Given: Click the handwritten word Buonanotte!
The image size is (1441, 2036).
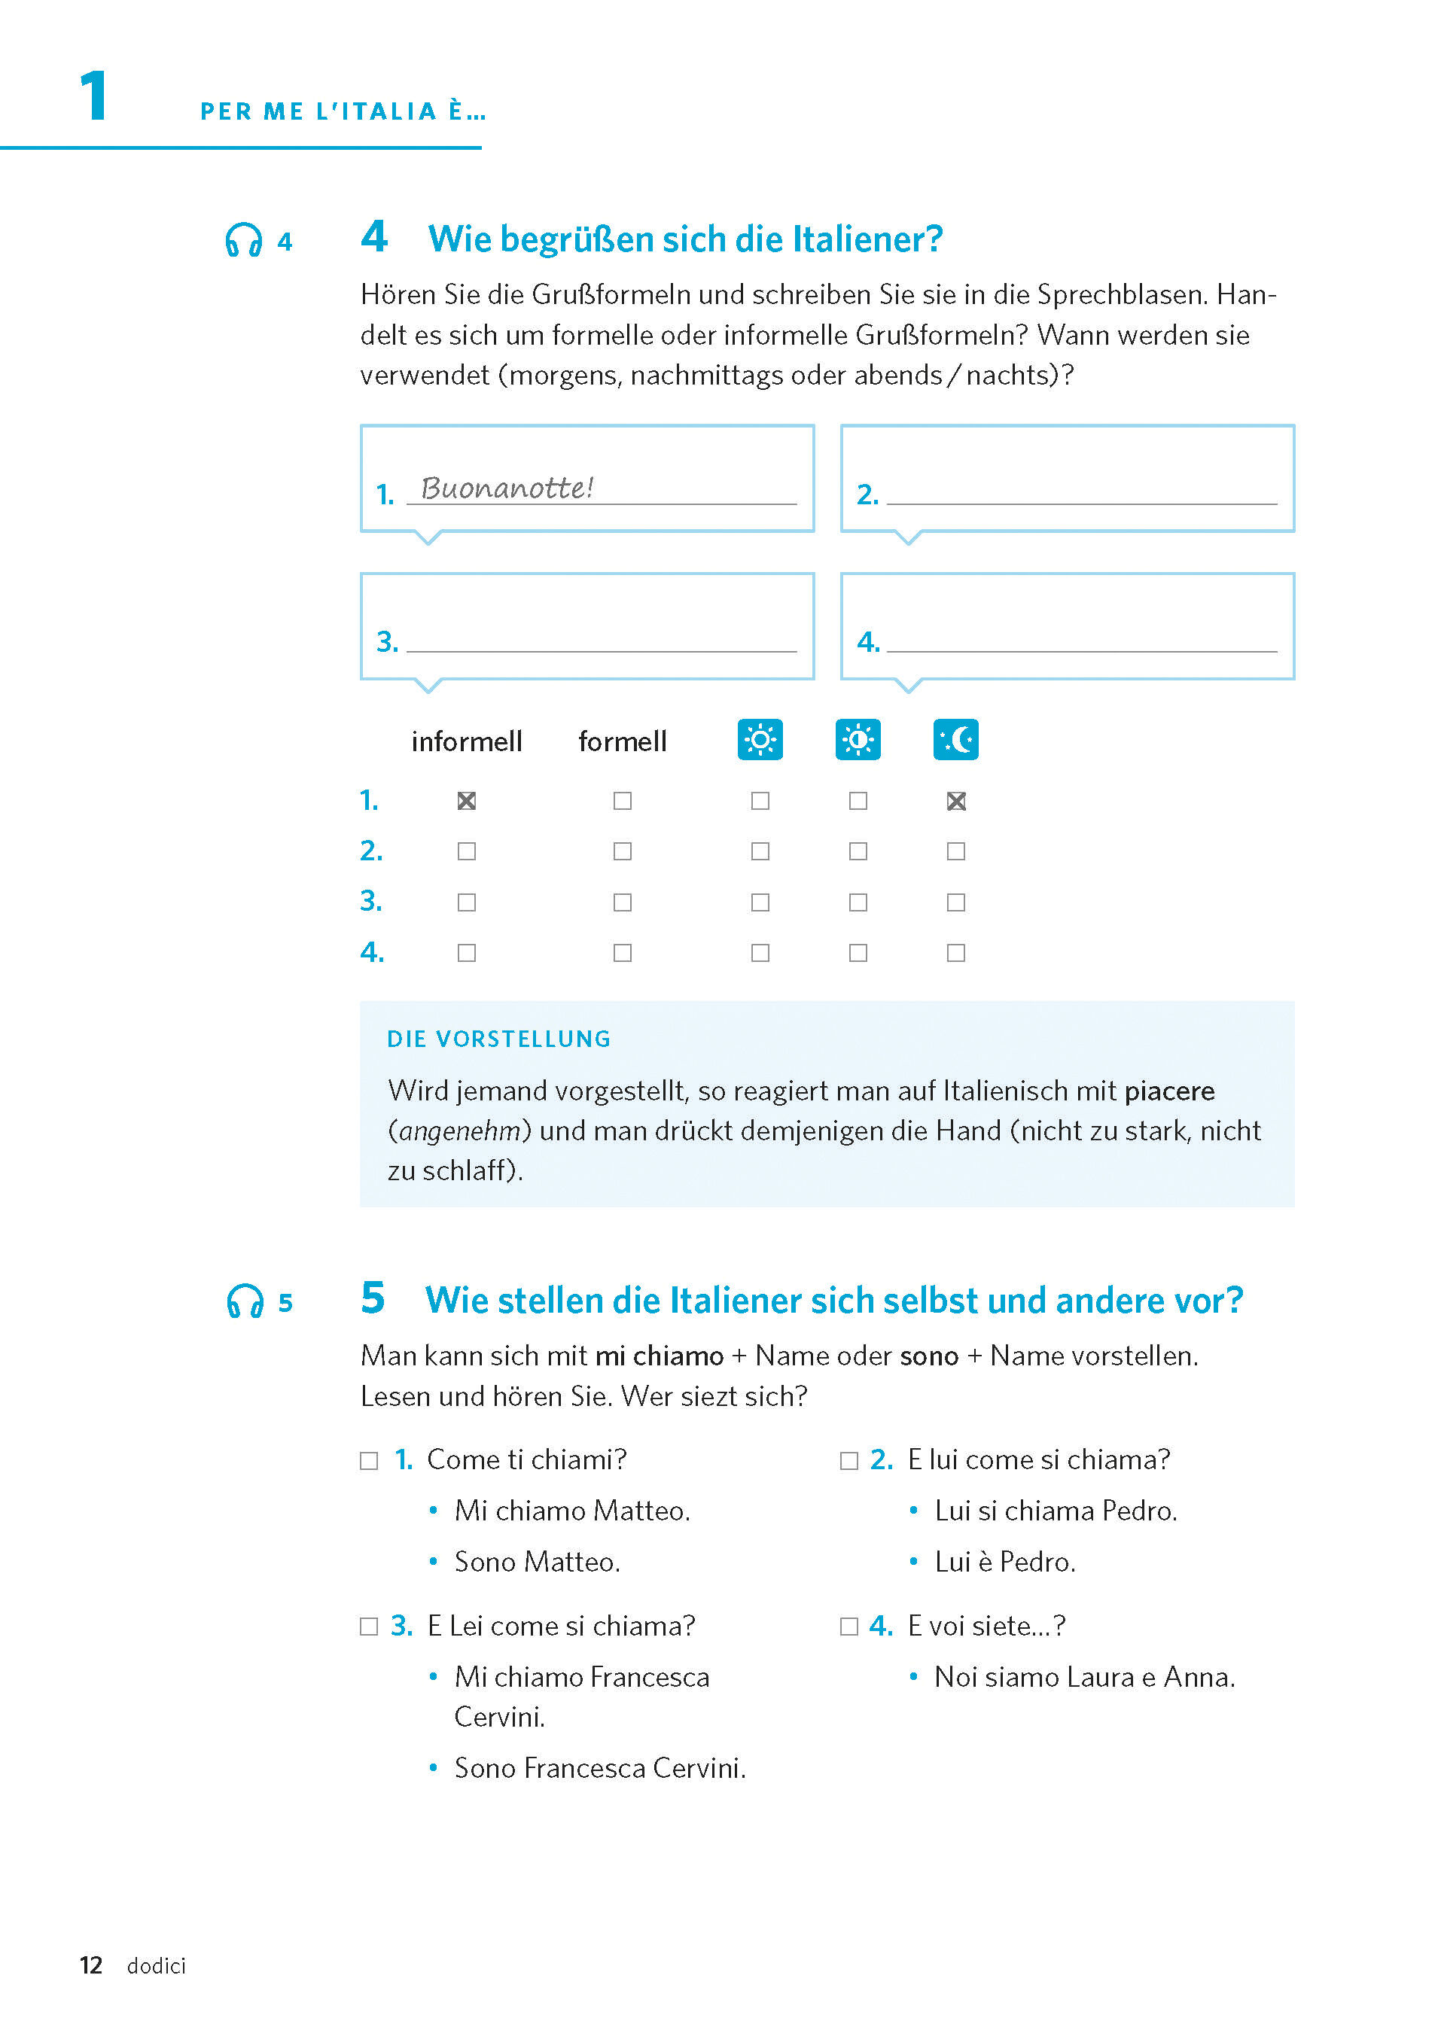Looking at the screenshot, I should [x=507, y=487].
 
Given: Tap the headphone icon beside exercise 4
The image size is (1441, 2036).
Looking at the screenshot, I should [x=244, y=240].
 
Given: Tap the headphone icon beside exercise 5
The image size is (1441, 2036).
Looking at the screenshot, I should [x=245, y=1301].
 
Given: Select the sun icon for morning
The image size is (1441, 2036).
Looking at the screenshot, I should [x=760, y=739].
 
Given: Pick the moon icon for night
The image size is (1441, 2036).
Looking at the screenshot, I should [x=955, y=739].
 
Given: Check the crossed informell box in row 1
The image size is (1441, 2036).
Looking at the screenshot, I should [x=467, y=801].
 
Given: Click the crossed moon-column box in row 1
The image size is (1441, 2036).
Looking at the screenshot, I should [x=955, y=801].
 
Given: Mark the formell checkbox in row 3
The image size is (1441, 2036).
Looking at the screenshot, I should [x=623, y=902].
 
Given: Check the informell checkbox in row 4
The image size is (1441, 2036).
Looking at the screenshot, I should [x=467, y=953].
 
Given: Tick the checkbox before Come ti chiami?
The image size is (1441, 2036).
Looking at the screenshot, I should [x=369, y=1460].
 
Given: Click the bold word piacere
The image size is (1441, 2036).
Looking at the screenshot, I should [x=1169, y=1091].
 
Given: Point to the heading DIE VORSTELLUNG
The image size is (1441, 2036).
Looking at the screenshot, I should [x=498, y=1039].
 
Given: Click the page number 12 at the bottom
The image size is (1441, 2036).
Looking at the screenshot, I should [x=90, y=1965].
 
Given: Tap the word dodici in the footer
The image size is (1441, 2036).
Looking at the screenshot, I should [x=156, y=1966].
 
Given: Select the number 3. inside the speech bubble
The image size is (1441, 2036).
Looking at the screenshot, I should [x=387, y=641].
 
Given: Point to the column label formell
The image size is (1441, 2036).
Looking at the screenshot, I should [x=622, y=741].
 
